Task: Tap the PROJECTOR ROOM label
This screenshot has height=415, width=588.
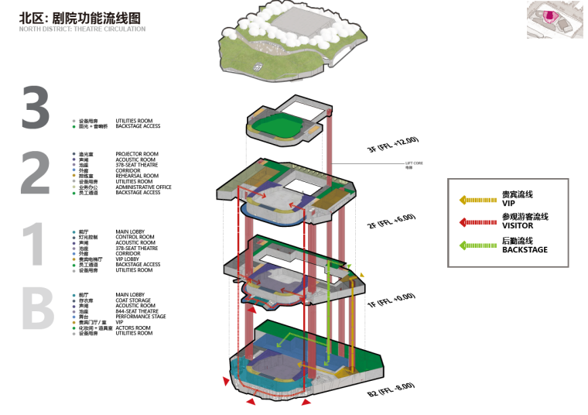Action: pos(137,154)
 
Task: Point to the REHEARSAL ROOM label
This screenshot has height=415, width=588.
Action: pos(137,176)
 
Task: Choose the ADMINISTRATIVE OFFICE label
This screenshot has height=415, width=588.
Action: pos(144,187)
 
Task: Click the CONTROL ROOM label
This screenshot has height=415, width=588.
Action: pos(135,237)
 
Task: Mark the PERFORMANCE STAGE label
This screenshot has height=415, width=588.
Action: pos(141,317)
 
